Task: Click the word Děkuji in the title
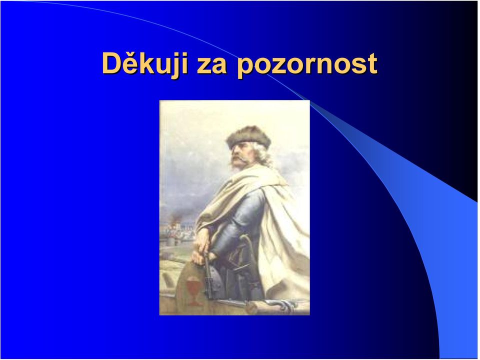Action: [x=145, y=63]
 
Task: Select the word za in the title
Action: [x=211, y=65]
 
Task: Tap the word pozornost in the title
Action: [x=306, y=65]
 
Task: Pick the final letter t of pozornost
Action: [x=372, y=64]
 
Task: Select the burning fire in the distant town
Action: [x=175, y=219]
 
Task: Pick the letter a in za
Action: [x=219, y=66]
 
